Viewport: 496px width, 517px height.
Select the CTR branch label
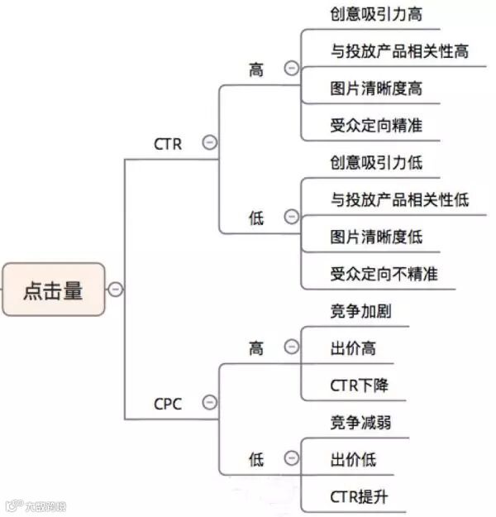[168, 143]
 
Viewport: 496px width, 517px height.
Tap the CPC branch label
[168, 404]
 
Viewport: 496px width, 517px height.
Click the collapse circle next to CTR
[210, 143]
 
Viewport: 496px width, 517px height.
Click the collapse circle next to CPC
[210, 403]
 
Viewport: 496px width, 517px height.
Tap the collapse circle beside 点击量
[116, 290]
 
